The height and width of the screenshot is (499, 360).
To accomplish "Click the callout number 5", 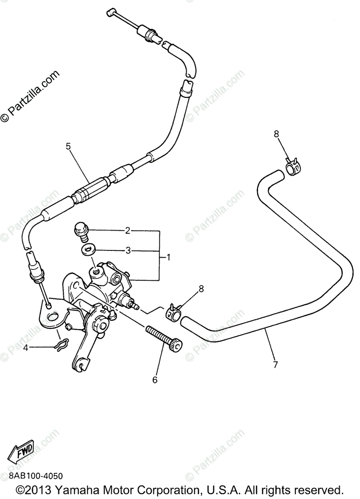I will pyautogui.click(x=69, y=146).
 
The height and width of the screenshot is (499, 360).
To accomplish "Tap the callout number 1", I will pyautogui.click(x=169, y=257).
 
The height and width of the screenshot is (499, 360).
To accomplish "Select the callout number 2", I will pyautogui.click(x=128, y=230).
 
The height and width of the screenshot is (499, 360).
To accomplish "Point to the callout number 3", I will pyautogui.click(x=128, y=251).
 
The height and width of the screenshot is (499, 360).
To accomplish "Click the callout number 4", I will pyautogui.click(x=26, y=348).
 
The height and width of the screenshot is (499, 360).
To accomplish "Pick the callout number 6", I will pyautogui.click(x=155, y=380).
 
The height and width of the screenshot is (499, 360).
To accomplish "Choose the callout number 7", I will pyautogui.click(x=275, y=365).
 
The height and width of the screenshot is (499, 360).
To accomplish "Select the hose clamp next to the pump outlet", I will pyautogui.click(x=174, y=312).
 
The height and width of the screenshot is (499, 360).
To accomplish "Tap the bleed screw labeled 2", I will pyautogui.click(x=80, y=231).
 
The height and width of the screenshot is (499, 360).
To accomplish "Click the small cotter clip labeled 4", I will pyautogui.click(x=61, y=346).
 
